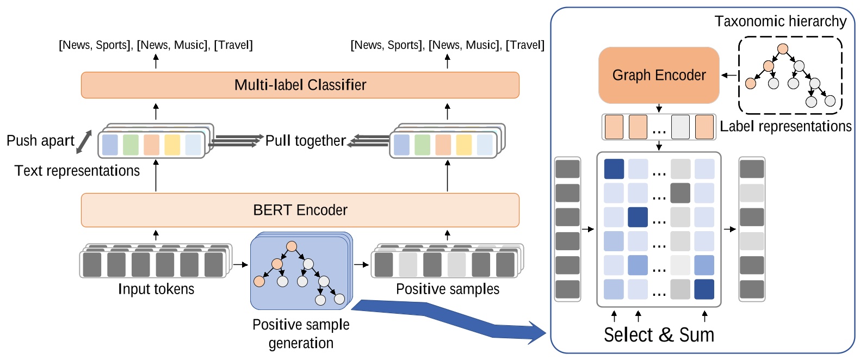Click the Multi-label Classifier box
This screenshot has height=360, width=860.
pos(300,85)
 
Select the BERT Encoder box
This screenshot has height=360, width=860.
pos(300,210)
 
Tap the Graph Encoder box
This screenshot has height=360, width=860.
pos(659,75)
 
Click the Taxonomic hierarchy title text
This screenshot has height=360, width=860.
pos(780,21)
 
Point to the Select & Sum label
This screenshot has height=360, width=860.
pos(659,334)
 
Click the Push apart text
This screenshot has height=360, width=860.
pos(40,141)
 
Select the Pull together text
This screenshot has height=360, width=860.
pos(305,141)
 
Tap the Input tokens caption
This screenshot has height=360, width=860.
pos(156,289)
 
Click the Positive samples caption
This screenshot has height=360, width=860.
pos(447,289)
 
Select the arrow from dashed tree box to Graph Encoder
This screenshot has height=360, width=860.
pos(729,76)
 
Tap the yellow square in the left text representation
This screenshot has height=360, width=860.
pos(172,145)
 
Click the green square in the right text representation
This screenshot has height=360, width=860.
pos(422,145)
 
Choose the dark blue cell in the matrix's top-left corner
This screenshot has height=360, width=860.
pos(614,169)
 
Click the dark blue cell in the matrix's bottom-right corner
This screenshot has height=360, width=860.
pos(704,289)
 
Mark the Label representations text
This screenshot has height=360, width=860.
pos(785,127)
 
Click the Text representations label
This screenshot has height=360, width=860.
pos(77,171)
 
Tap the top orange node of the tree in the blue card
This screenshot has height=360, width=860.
pos(292,246)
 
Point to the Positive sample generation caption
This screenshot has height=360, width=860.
pos(301,333)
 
